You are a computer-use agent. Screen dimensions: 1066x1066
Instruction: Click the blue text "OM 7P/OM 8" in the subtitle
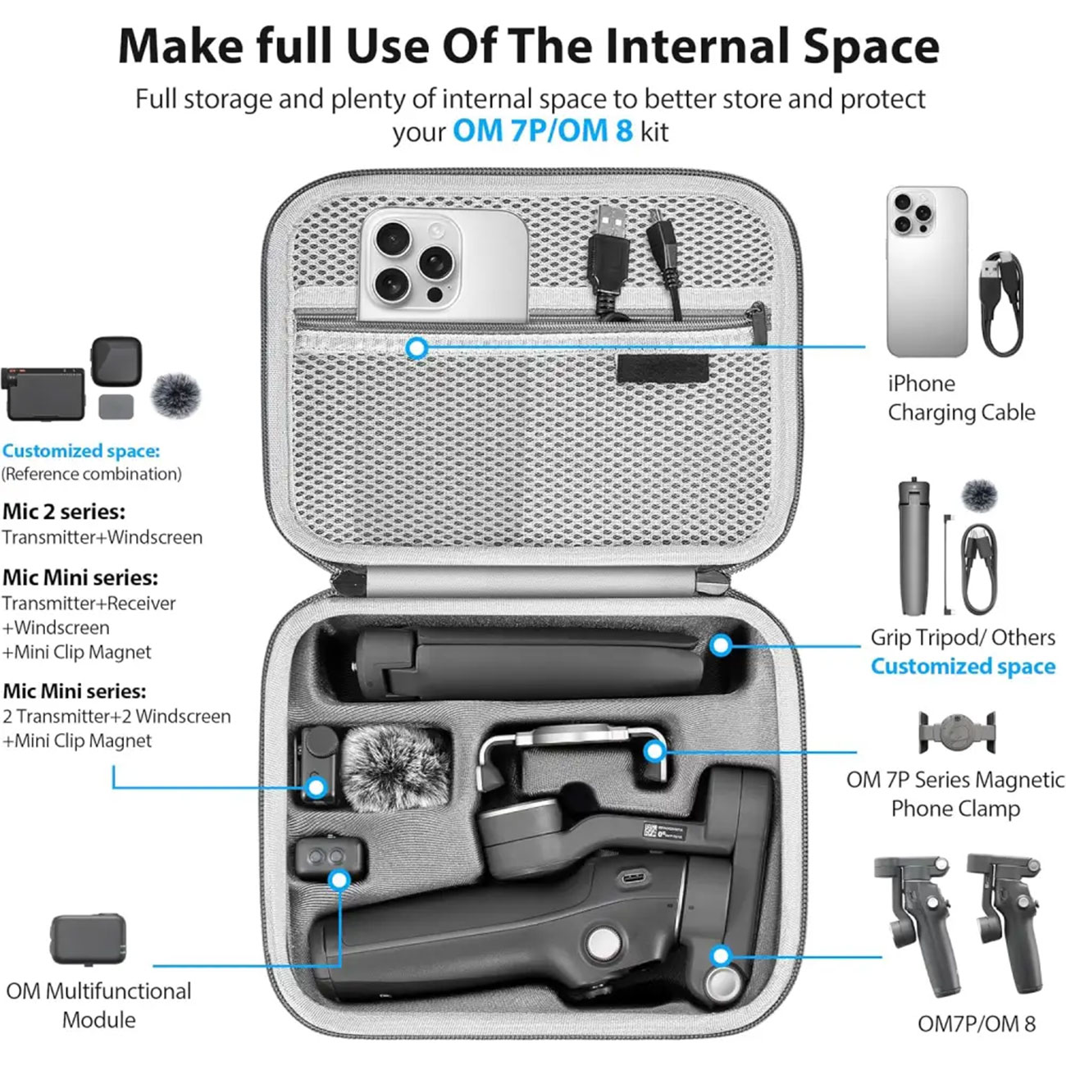(542, 131)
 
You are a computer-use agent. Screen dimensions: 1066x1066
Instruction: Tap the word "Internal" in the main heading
(698, 47)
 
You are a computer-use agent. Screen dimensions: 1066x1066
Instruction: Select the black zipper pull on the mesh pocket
(758, 323)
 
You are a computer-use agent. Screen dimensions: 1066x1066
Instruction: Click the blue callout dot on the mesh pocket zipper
(417, 348)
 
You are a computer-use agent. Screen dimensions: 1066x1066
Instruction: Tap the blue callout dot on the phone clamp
(654, 751)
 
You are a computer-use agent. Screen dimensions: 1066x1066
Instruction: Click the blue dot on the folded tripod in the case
(721, 645)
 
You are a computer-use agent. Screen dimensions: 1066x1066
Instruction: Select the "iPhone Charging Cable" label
(961, 398)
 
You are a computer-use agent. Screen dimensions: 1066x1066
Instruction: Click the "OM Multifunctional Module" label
(99, 1005)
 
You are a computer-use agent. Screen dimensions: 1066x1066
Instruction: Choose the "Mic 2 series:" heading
(64, 512)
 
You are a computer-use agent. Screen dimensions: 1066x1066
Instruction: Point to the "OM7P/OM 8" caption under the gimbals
(977, 1024)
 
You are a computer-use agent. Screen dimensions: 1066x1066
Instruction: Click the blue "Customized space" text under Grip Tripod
(963, 666)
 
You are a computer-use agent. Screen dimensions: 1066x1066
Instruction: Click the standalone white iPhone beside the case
(927, 272)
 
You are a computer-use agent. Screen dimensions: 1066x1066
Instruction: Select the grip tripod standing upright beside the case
(913, 548)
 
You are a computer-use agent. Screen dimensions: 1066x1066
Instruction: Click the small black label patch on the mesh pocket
(663, 368)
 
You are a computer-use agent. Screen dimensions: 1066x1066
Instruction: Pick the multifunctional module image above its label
(88, 940)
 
